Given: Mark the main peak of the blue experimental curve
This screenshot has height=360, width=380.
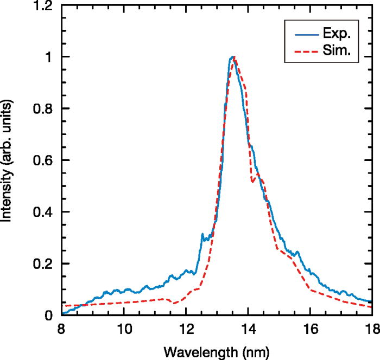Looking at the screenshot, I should pos(232,56).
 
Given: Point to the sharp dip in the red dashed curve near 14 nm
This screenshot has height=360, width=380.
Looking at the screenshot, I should pos(252,182).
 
